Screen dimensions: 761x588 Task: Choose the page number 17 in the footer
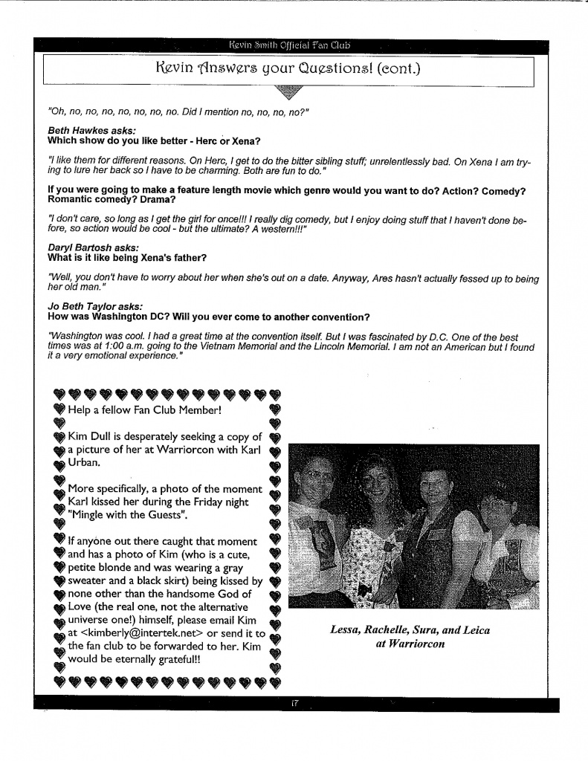click(295, 702)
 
